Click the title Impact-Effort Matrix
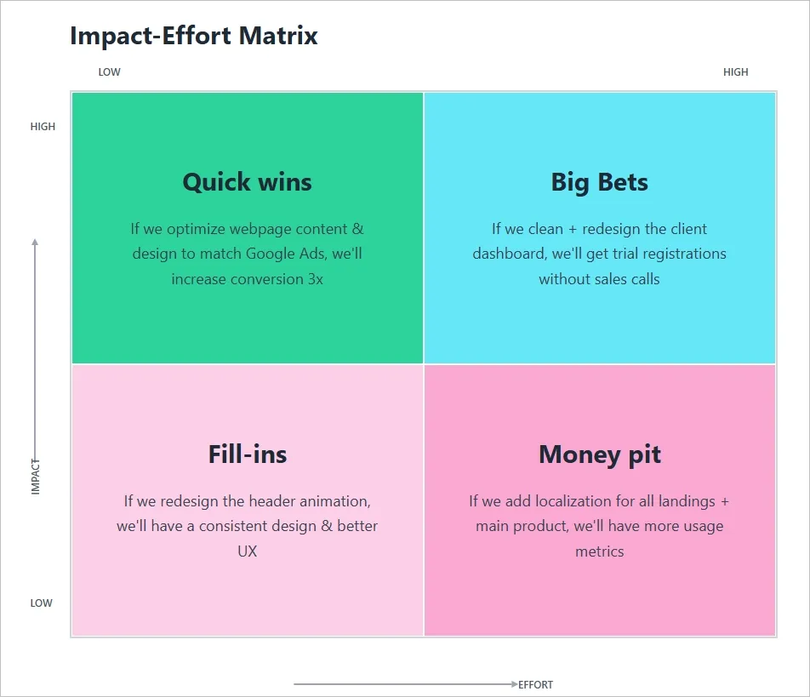(194, 36)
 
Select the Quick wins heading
(247, 182)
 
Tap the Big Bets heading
(599, 182)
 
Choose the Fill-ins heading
(247, 454)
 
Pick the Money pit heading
(599, 454)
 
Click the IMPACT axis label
(36, 477)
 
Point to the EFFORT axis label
(536, 685)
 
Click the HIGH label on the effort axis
(735, 72)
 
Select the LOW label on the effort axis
(110, 72)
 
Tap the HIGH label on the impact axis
(43, 127)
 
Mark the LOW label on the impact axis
(42, 603)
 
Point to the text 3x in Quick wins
(315, 279)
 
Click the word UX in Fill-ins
(247, 551)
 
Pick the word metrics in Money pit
(599, 551)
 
